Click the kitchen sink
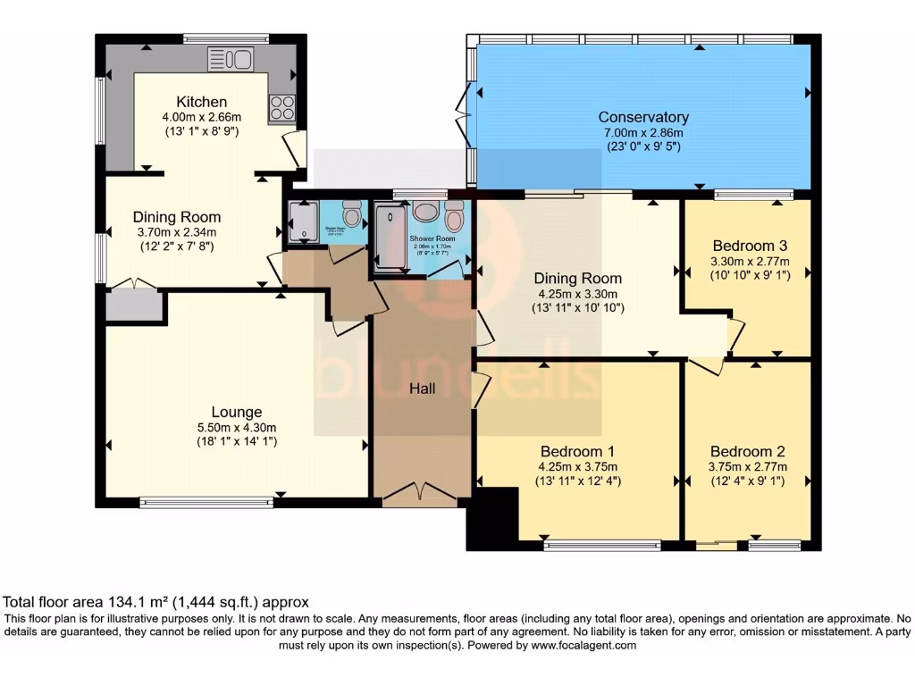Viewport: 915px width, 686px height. click(230, 60)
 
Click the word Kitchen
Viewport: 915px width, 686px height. click(201, 102)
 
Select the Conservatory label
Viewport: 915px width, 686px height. click(642, 117)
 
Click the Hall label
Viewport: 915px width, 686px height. click(422, 389)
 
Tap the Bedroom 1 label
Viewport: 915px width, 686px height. click(577, 451)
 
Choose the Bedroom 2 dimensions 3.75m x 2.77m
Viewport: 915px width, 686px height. click(747, 466)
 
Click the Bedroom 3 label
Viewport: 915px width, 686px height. click(749, 246)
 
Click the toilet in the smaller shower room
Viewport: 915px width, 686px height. click(351, 215)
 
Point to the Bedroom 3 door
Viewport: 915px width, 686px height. click(735, 335)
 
